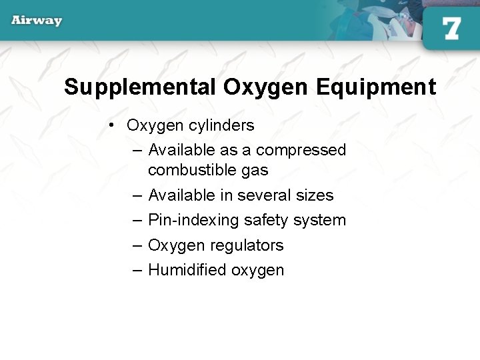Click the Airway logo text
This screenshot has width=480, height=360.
(37, 21)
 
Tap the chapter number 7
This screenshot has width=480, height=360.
(451, 29)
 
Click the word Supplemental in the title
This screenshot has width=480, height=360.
(140, 87)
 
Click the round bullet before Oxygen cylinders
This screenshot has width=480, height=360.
(114, 125)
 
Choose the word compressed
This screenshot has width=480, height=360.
(301, 150)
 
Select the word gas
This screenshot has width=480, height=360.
(255, 171)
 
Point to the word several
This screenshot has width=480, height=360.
(265, 195)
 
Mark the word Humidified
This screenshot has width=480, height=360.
(187, 270)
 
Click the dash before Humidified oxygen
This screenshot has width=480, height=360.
(137, 271)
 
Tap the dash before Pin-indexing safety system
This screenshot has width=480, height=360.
(137, 221)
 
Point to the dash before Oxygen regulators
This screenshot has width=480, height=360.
(137, 246)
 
